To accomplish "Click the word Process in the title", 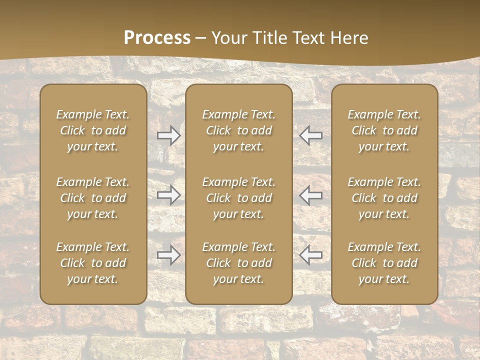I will [x=157, y=38].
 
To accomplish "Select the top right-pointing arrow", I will [x=169, y=135].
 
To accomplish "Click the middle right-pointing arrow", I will [x=169, y=195].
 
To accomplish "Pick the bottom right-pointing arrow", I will [x=169, y=255].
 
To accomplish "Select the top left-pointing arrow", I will [x=310, y=135].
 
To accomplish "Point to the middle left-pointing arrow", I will [x=310, y=195].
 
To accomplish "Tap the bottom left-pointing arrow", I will [x=310, y=255].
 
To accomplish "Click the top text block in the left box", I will [x=93, y=130].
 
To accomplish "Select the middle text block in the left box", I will [x=93, y=198].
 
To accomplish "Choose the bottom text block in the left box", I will [x=93, y=263].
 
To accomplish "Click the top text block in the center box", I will [x=238, y=130].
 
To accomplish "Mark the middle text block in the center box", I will [x=238, y=198].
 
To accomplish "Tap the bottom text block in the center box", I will [x=238, y=263].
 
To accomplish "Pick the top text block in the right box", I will [x=384, y=130].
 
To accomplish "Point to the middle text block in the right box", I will [x=384, y=198].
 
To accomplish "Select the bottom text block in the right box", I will [x=384, y=263].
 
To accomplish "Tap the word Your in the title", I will [x=229, y=38].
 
